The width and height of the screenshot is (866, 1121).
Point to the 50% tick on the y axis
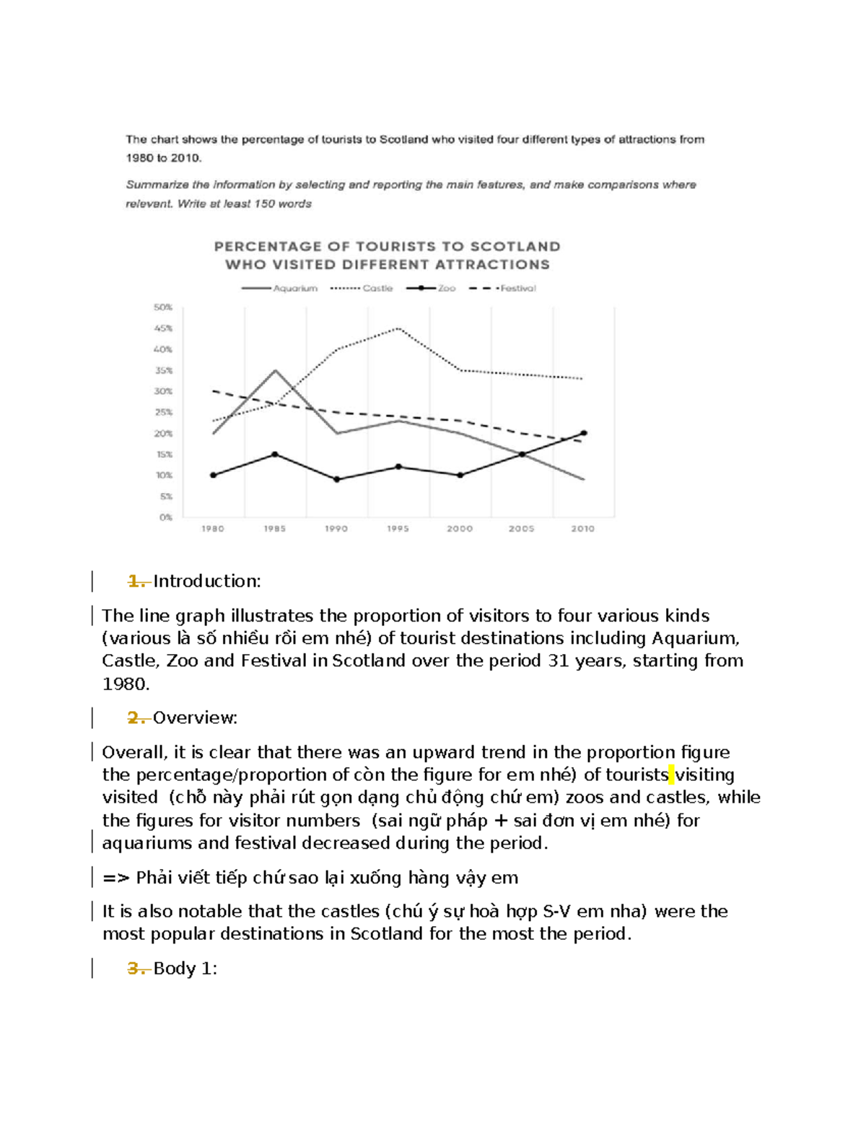(x=163, y=307)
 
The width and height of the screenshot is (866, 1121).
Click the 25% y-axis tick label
(x=163, y=413)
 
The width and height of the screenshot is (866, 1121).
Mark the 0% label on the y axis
(x=165, y=518)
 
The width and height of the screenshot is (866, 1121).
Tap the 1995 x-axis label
(x=398, y=529)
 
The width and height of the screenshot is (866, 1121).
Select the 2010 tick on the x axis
(x=582, y=529)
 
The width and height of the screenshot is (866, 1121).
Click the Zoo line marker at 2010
(x=584, y=433)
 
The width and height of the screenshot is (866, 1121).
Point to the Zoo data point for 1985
(x=275, y=455)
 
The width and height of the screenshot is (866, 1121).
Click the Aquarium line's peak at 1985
(x=275, y=370)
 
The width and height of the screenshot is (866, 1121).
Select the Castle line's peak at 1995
(x=398, y=328)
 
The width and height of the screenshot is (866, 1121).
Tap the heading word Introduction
(x=206, y=582)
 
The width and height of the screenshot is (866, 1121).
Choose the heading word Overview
(x=195, y=718)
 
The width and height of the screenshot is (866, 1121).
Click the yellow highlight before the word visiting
(x=671, y=775)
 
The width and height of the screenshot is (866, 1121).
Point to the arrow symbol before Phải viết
(x=115, y=878)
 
